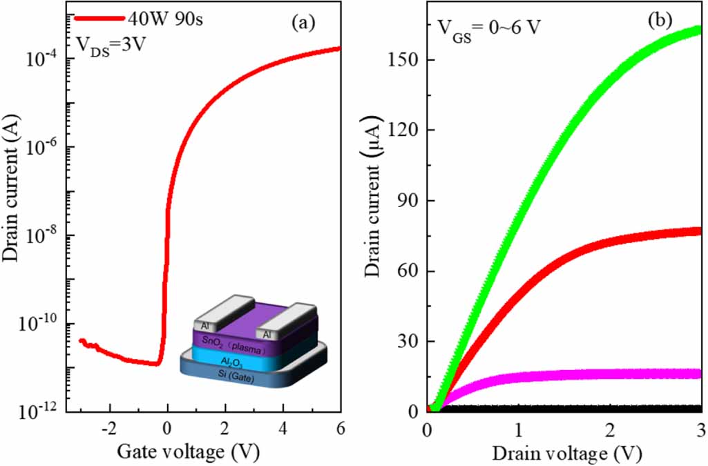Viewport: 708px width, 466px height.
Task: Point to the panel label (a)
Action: coord(303,23)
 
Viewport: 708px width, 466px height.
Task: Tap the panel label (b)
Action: coord(660,20)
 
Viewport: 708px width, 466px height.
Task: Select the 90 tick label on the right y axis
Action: coord(407,201)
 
